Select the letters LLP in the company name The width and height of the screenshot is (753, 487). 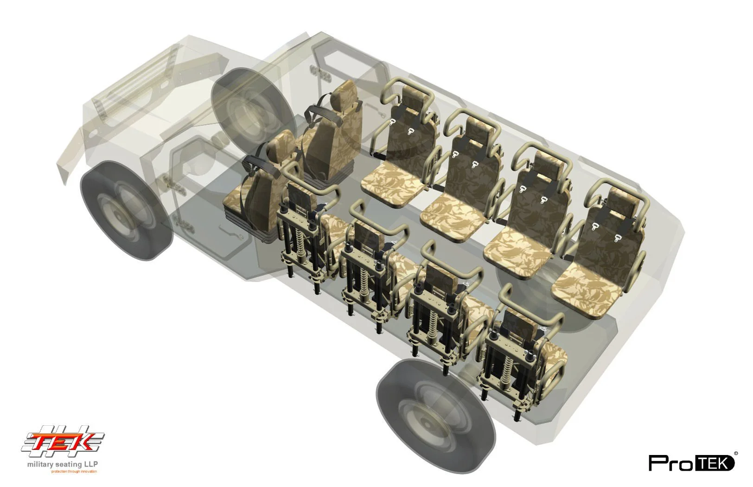[90, 464]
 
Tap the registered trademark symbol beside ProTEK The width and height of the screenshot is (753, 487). [736, 453]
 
